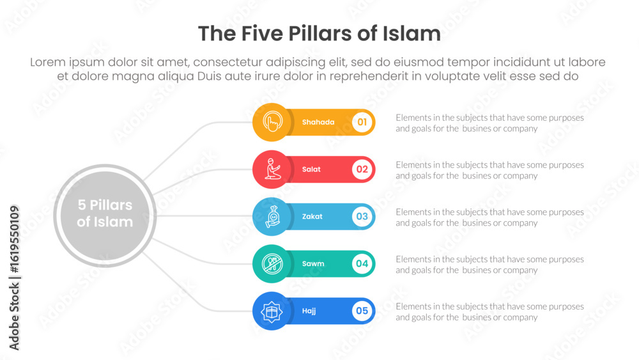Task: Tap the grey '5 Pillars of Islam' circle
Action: pyautogui.click(x=105, y=214)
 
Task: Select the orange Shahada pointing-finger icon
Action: pyautogui.click(x=272, y=122)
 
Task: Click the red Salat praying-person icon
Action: pyautogui.click(x=272, y=169)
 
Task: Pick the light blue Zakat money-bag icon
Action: pyautogui.click(x=272, y=217)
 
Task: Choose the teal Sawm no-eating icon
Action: pyautogui.click(x=272, y=263)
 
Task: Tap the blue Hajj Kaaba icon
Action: pyautogui.click(x=272, y=311)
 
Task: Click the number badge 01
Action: pyautogui.click(x=362, y=122)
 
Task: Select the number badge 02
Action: pyautogui.click(x=362, y=169)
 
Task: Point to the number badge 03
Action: pyautogui.click(x=362, y=217)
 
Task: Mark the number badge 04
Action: pyautogui.click(x=362, y=263)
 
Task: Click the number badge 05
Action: pyautogui.click(x=362, y=311)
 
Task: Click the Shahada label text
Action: pyautogui.click(x=318, y=122)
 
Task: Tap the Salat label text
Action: pyautogui.click(x=311, y=169)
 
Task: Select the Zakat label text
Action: pyautogui.click(x=312, y=217)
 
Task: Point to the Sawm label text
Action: pyautogui.click(x=313, y=263)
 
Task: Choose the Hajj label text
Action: pyautogui.click(x=309, y=311)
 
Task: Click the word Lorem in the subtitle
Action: pyautogui.click(x=50, y=63)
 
